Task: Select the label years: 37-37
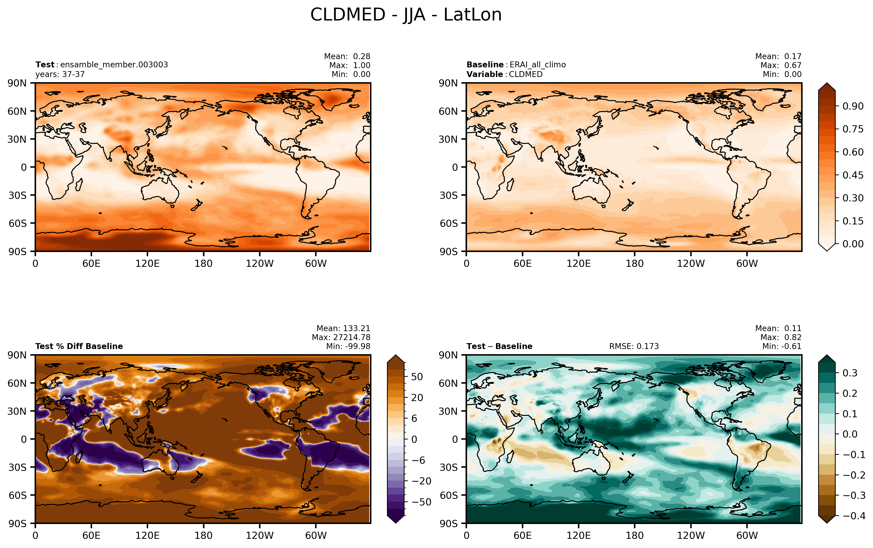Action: [60, 74]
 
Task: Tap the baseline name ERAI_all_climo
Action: [537, 65]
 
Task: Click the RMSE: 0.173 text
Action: [634, 346]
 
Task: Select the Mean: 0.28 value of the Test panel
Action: [347, 56]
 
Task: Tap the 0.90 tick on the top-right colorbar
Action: [853, 106]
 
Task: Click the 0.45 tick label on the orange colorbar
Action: [853, 175]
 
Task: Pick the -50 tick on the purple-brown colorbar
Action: [422, 502]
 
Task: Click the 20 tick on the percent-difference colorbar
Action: [417, 398]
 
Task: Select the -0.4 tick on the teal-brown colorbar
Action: [854, 516]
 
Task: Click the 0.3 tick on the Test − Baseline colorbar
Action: [850, 373]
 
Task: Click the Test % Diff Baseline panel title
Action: [79, 346]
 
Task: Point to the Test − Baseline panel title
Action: [499, 346]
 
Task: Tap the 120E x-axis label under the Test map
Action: [147, 264]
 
